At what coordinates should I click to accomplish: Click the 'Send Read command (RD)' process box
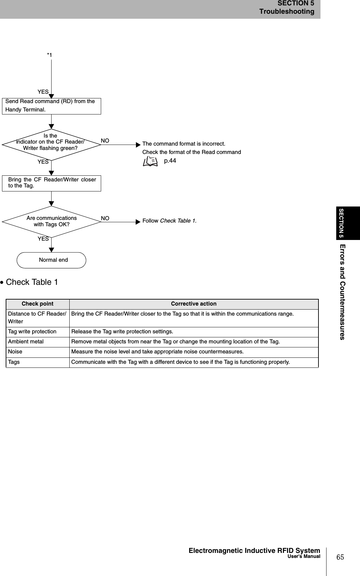(x=51, y=106)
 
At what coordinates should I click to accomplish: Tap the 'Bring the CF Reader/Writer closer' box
(x=51, y=183)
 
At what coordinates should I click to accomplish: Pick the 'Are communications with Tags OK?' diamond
(x=51, y=221)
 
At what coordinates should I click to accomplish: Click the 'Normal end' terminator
(x=51, y=260)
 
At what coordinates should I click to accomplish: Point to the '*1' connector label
(x=50, y=55)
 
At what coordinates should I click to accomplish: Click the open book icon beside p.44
(x=150, y=162)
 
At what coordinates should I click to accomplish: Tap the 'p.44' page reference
(x=170, y=161)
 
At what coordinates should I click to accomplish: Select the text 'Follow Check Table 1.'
(x=169, y=221)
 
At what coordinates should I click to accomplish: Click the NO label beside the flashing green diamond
(x=105, y=141)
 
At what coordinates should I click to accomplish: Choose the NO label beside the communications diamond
(x=105, y=218)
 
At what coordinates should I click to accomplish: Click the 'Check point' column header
(x=38, y=304)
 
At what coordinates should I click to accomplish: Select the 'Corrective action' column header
(x=194, y=304)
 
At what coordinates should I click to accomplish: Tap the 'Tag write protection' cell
(x=32, y=332)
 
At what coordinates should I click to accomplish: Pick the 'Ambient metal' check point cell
(x=26, y=342)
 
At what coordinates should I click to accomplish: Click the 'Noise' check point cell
(x=15, y=352)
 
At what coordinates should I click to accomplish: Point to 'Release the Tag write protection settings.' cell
(x=122, y=332)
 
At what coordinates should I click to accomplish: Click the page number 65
(x=340, y=557)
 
